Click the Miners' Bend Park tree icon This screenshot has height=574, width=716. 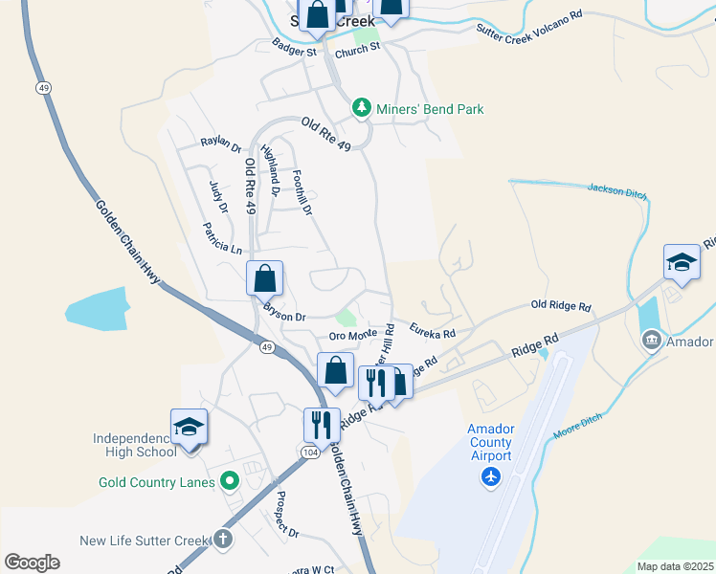[361, 108]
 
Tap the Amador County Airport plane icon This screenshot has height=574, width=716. [492, 476]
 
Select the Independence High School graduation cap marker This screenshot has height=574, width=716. [189, 427]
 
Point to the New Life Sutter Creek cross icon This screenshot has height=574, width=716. [223, 540]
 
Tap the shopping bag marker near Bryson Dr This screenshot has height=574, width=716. [265, 279]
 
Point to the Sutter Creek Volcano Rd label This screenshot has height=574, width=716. [529, 22]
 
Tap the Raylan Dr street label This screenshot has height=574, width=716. [220, 143]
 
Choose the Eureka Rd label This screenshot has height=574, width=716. [432, 329]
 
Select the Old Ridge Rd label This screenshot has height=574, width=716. [561, 306]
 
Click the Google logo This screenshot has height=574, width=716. [32, 563]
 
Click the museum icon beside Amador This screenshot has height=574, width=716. [651, 340]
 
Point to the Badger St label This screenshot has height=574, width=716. [294, 48]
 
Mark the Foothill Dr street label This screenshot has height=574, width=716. [302, 190]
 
